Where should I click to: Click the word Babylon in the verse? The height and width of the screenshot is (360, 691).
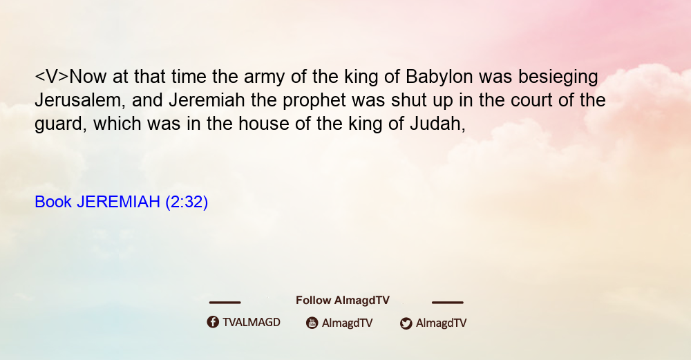439,77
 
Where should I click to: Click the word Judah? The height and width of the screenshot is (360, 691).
437,124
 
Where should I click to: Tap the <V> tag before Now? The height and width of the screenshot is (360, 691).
52,77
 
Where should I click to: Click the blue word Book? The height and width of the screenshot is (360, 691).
53,202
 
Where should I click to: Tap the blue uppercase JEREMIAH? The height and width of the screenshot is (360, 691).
118,202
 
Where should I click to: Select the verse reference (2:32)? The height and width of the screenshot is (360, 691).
187,202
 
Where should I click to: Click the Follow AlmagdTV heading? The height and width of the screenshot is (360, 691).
343,301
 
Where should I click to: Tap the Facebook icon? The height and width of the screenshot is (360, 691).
213,322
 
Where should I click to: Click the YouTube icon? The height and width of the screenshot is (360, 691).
312,323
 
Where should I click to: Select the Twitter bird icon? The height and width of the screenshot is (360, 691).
406,323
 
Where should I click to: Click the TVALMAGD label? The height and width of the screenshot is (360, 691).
252,323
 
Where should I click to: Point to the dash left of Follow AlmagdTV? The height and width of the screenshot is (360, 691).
225,302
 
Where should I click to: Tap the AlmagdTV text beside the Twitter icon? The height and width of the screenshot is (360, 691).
441,323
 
